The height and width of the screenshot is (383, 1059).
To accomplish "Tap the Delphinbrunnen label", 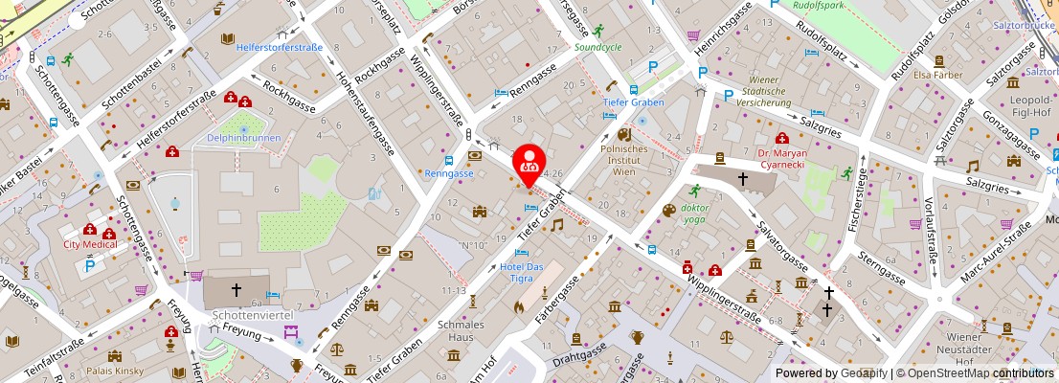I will [243, 138].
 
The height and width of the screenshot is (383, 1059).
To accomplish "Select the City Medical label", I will [91, 244].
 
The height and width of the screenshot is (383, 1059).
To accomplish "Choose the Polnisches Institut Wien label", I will [624, 160].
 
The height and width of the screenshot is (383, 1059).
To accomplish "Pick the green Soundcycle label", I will [598, 45].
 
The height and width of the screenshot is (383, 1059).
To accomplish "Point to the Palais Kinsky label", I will [116, 370].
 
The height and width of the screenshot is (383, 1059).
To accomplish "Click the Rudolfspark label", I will [822, 5].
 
